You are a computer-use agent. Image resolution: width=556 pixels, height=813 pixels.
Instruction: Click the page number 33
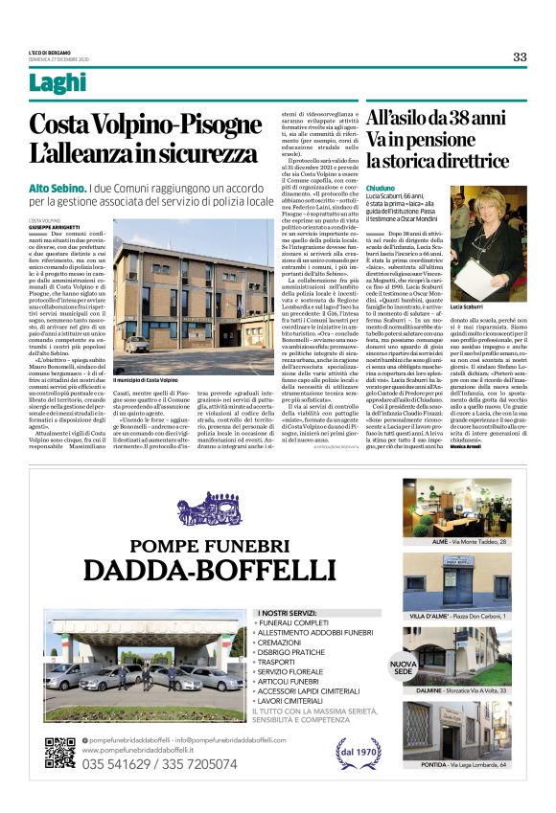click(x=519, y=56)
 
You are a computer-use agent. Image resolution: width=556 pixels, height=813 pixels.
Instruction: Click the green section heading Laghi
click(x=58, y=83)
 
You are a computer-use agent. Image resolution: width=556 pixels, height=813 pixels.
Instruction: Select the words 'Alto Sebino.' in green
click(x=58, y=189)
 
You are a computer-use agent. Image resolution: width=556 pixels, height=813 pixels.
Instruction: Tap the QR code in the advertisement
click(x=59, y=753)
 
